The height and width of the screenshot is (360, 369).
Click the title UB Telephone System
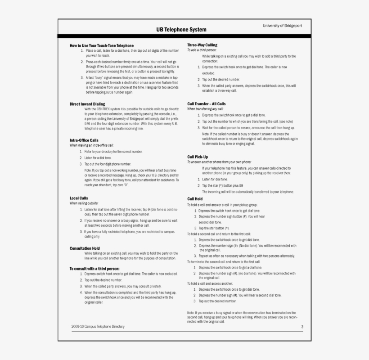pyautogui.click(x=181, y=30)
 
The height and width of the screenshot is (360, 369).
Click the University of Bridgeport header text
pyautogui.click(x=282, y=26)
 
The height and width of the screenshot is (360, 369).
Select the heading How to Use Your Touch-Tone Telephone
pyautogui.click(x=102, y=45)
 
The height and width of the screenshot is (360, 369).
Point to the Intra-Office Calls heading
pyautogui.click(x=84, y=140)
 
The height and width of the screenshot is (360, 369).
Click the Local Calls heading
pyautogui.click(x=79, y=198)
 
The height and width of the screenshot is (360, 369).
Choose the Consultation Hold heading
pyautogui.click(x=85, y=248)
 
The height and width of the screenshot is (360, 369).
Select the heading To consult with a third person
pyautogui.click(x=94, y=268)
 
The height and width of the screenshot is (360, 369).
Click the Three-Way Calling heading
pyautogui.click(x=202, y=45)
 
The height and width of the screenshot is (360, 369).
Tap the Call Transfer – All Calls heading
pyautogui.click(x=207, y=103)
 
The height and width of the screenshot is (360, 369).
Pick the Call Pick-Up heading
pyautogui.click(x=198, y=157)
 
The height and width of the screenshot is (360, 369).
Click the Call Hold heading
pyautogui.click(x=195, y=198)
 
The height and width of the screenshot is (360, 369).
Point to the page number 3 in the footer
pyautogui.click(x=302, y=327)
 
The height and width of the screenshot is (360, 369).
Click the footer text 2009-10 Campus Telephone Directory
pyautogui.click(x=98, y=326)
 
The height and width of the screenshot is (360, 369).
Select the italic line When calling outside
pyautogui.click(x=84, y=203)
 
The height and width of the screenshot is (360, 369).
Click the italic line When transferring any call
pyautogui.click(x=205, y=109)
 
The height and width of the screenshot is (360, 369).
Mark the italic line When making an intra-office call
pyautogui.click(x=92, y=145)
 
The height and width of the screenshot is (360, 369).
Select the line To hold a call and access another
pyautogui.click(x=210, y=283)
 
